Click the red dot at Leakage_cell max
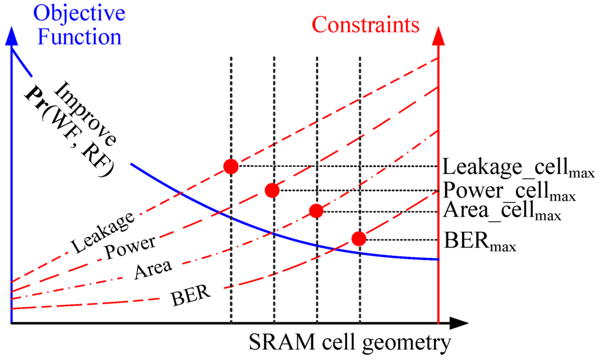(231, 167)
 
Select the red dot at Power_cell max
(271, 190)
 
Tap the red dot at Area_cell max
(316, 211)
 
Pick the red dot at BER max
(359, 238)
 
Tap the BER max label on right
(480, 241)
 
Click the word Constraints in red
(366, 25)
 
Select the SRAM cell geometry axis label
(351, 342)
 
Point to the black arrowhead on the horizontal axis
(459, 323)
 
